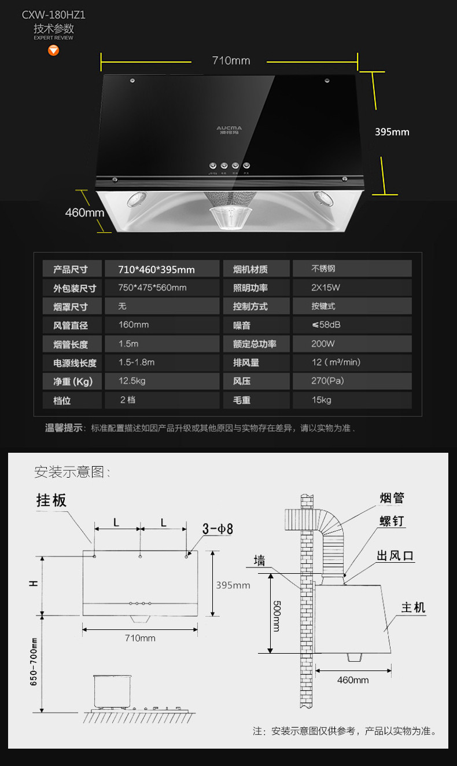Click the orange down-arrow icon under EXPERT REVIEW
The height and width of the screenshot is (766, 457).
54,50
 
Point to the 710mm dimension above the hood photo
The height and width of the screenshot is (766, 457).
231,60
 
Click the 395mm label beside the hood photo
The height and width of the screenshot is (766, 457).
392,132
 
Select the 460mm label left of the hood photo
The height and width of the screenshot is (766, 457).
84,212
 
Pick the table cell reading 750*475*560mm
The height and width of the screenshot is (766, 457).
152,288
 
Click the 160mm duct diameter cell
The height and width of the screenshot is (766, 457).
134,325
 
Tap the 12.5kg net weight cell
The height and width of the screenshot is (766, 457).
132,381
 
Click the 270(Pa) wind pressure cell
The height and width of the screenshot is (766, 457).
327,381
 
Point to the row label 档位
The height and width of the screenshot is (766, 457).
62,401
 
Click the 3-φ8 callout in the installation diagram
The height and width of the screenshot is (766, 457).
217,529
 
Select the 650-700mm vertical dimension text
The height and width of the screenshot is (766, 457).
34,662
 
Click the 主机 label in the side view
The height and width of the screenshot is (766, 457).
413,607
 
